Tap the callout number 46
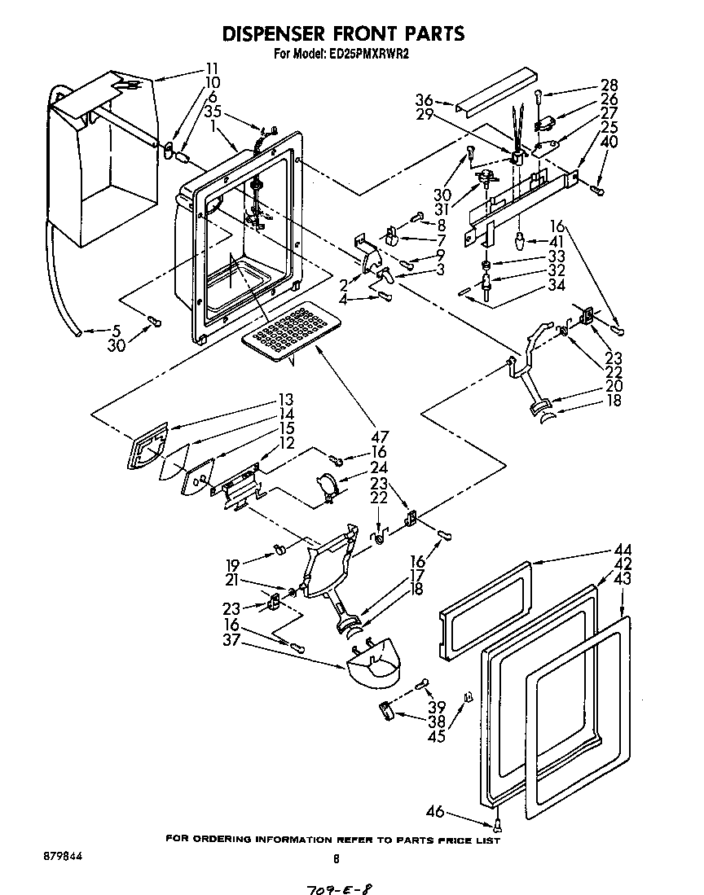tap(437, 810)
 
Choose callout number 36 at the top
tap(423, 100)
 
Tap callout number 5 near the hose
tap(116, 331)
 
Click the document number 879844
tap(60, 858)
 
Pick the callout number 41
tap(557, 241)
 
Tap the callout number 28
tap(609, 85)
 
